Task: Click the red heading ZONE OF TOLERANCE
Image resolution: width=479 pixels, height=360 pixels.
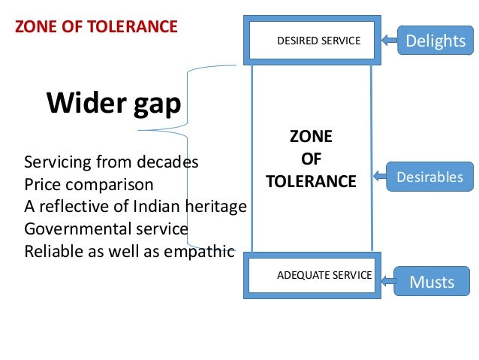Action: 97,28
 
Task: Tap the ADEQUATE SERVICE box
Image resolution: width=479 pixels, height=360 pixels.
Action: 324,275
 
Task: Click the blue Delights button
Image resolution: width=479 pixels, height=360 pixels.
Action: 435,40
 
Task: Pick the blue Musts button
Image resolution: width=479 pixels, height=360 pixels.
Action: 432,282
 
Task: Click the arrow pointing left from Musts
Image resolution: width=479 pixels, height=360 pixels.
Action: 387,282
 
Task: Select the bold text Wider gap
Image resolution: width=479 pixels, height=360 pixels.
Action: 114,104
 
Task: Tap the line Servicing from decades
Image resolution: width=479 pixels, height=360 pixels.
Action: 112,162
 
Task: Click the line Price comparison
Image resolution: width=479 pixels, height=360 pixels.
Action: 89,184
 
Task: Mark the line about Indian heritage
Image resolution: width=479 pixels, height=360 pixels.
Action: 135,206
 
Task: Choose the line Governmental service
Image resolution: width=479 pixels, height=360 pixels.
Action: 106,228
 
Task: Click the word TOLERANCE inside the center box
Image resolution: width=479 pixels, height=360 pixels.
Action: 311,181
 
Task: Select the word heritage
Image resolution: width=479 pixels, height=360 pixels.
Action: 218,206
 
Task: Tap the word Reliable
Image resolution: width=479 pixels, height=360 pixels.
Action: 51,250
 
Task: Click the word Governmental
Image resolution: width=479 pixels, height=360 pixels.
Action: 77,228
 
